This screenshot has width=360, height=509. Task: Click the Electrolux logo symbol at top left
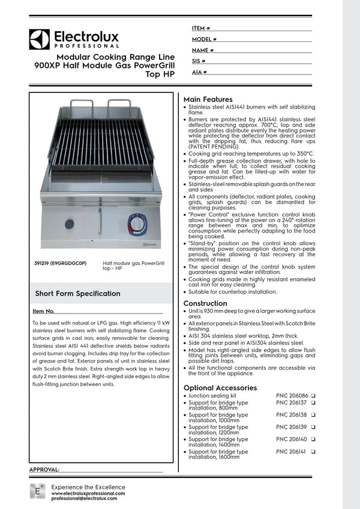click(39, 39)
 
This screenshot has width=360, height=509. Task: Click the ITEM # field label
click(201, 28)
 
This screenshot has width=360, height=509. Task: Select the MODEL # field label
click(204, 39)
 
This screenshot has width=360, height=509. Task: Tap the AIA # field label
click(200, 72)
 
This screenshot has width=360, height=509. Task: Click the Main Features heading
click(208, 99)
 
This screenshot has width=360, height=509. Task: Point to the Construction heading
click(205, 303)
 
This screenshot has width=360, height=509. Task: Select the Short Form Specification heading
click(77, 294)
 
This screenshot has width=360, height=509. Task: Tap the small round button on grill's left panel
click(69, 224)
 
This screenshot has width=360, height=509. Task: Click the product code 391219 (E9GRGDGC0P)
click(61, 263)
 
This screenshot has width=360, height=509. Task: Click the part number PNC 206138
click(292, 414)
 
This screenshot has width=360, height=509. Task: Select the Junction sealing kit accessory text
click(212, 396)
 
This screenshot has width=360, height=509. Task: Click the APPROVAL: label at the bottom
click(44, 469)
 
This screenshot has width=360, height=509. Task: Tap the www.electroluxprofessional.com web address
click(88, 493)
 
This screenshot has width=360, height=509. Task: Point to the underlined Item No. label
click(43, 311)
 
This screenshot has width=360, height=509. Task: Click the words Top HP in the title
click(160, 75)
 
